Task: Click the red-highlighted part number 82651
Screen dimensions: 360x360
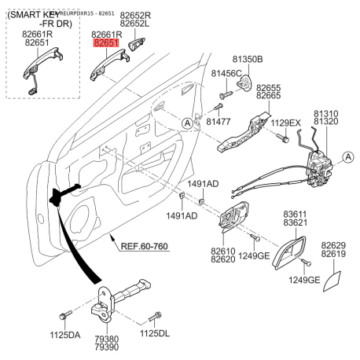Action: click(106, 46)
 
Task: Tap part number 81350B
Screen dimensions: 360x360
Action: click(248, 59)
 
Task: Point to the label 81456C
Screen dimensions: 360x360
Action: click(226, 74)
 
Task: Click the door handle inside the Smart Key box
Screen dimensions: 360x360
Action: click(35, 72)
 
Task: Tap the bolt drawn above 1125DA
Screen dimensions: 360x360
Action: click(66, 315)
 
